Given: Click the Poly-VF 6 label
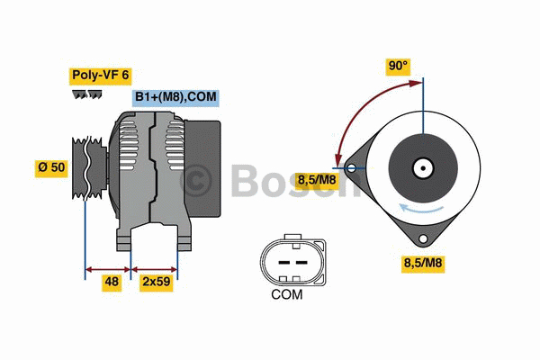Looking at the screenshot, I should pos(100,76).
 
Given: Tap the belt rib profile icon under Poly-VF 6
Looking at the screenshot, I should pos(85,94).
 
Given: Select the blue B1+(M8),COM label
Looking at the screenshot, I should pos(176,97).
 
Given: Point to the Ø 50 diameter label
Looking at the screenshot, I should pos(50,168).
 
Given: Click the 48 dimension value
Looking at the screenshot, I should pos(110,282).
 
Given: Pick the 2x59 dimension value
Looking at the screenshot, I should pos(157,282).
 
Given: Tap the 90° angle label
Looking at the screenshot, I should pos(398,66).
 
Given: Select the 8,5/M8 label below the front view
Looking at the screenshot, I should pos(422,264).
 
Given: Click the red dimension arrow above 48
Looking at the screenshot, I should pos(108,267).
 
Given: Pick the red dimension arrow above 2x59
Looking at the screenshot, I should pos(155,267).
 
